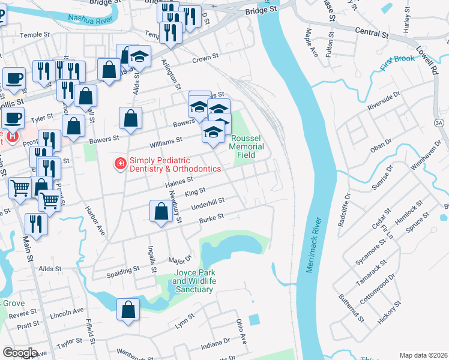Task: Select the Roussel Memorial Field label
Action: (x=246, y=146)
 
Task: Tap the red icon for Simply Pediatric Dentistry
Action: (x=120, y=163)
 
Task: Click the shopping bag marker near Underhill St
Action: (x=161, y=212)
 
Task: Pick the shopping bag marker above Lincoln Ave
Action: (x=128, y=310)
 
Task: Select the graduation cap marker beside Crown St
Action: (x=139, y=56)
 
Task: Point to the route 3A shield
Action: (x=439, y=123)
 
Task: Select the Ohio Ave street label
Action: (x=241, y=331)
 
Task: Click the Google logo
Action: (x=20, y=352)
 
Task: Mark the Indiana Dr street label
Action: (x=215, y=345)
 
